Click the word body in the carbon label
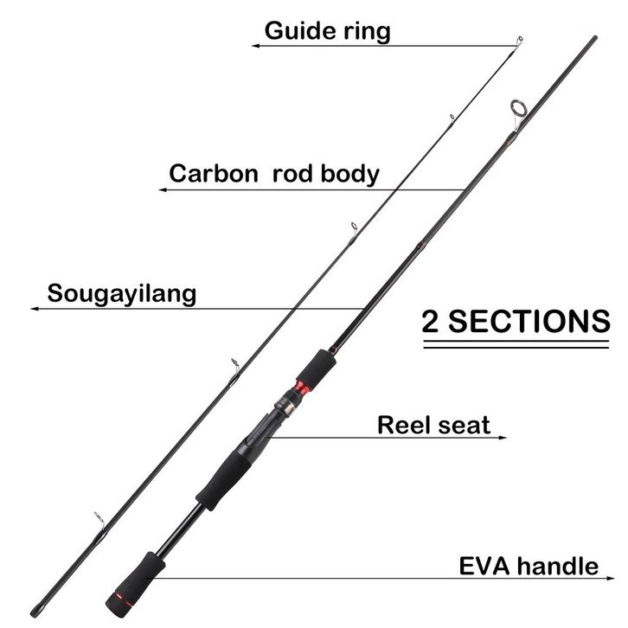(x=349, y=174)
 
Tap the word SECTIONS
(x=529, y=321)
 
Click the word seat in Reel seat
(x=467, y=425)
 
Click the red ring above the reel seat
(x=301, y=385)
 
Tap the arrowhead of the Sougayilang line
(x=33, y=308)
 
